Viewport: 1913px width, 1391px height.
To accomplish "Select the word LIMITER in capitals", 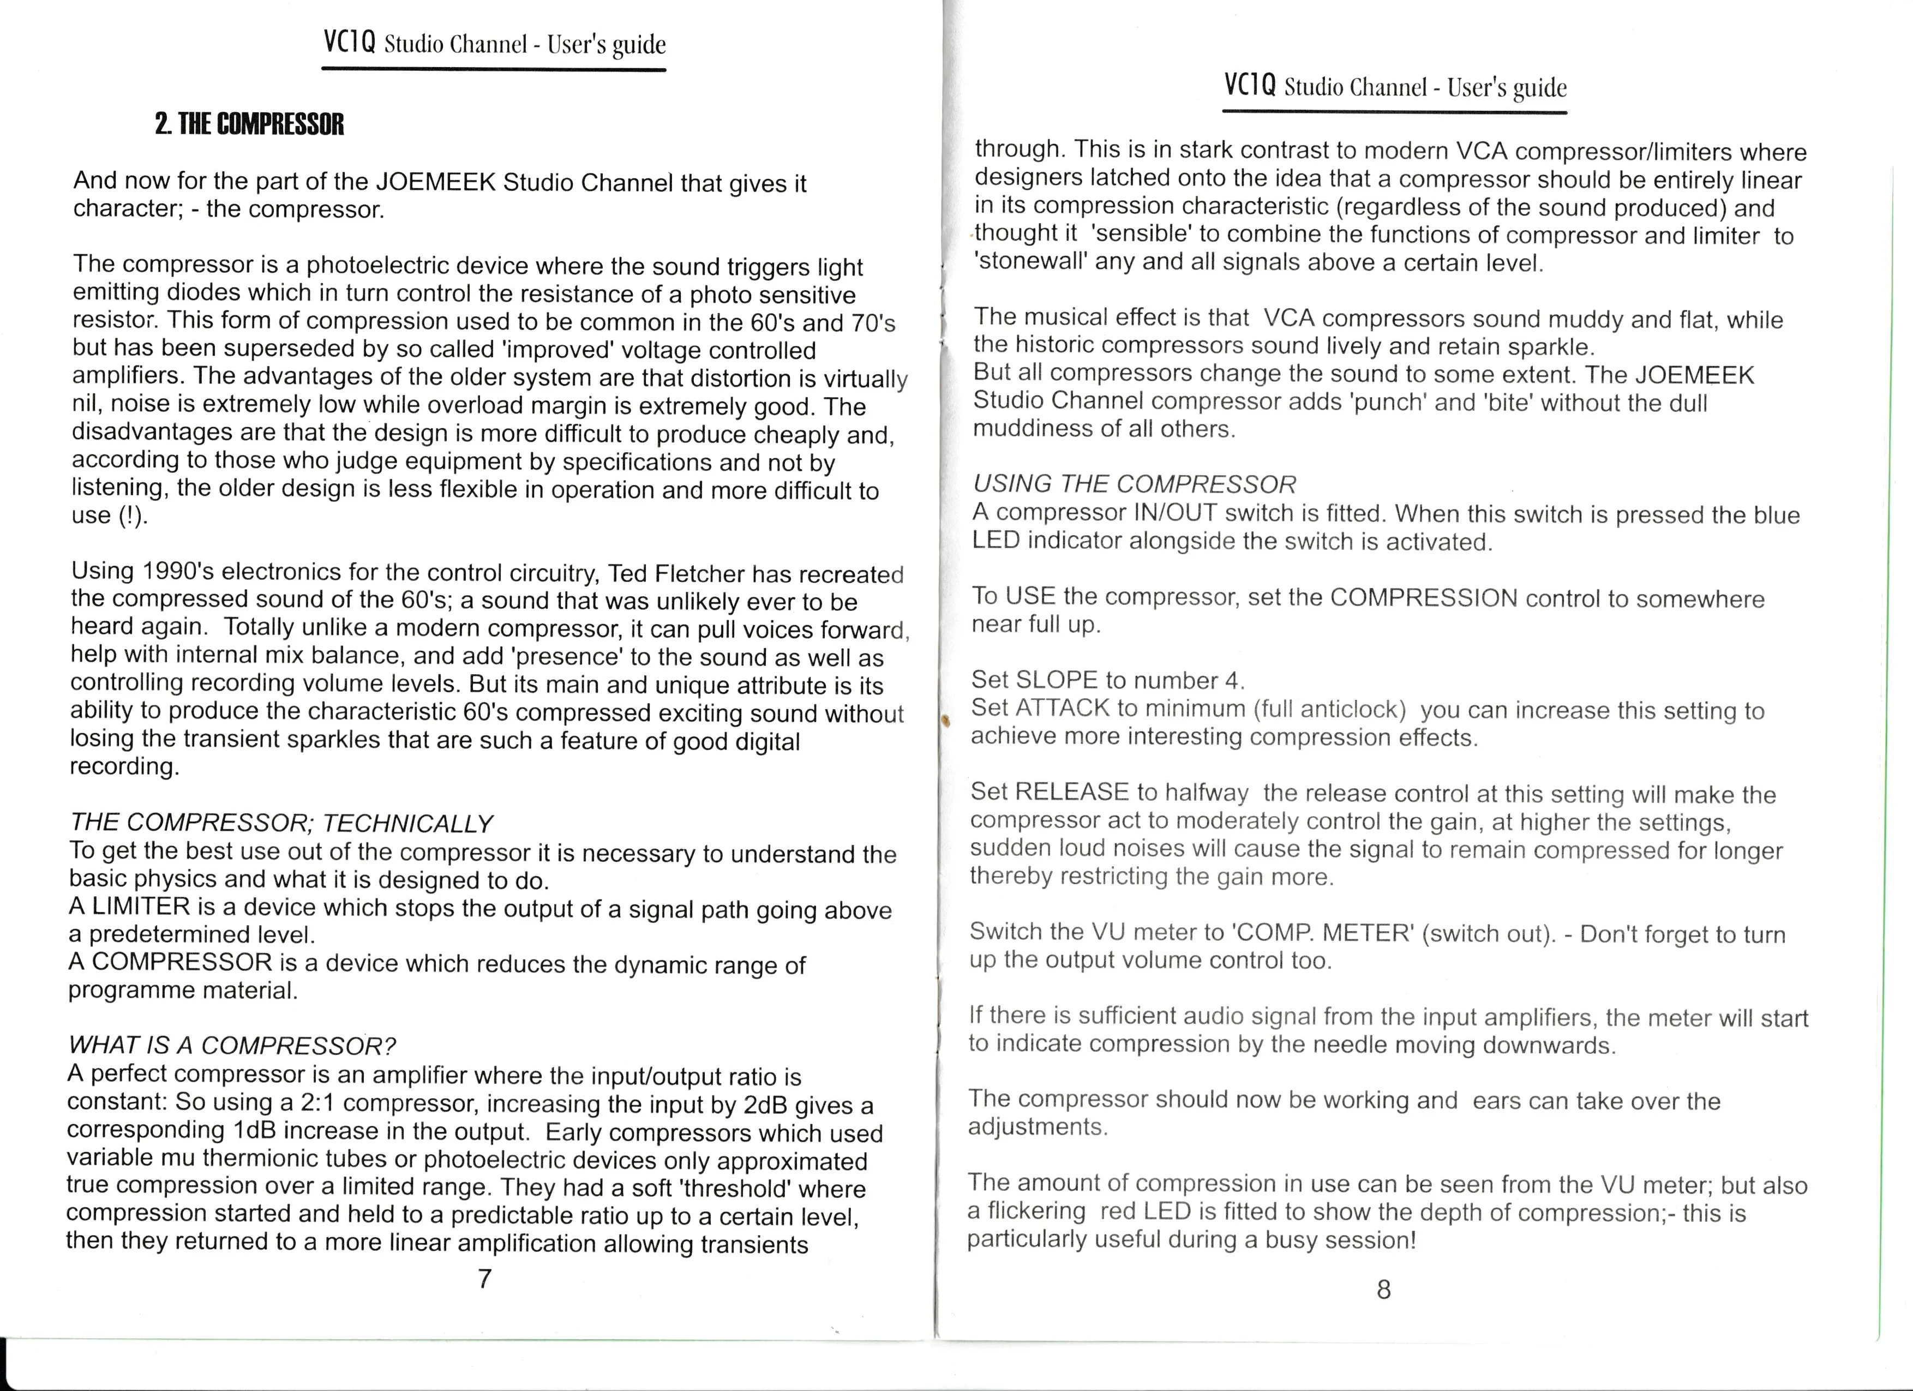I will (x=141, y=907).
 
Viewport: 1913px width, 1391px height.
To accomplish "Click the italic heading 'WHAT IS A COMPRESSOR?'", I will (x=232, y=1046).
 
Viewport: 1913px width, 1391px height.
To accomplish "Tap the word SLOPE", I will (x=1057, y=680).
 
